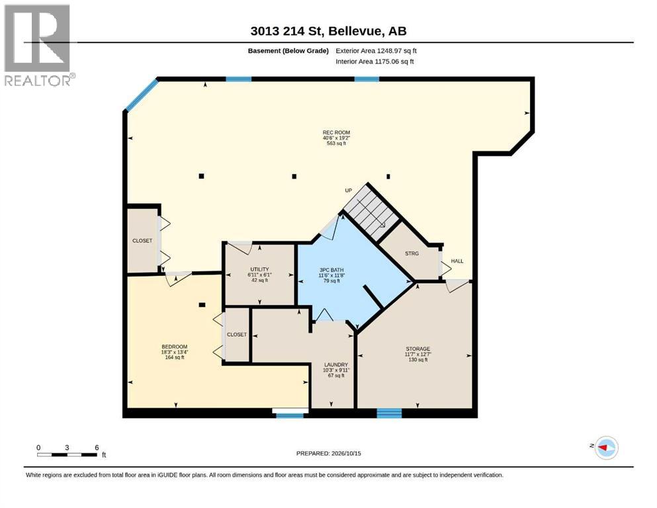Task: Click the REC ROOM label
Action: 336,133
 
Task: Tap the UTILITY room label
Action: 259,269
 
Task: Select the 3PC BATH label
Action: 331,270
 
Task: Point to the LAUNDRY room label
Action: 335,364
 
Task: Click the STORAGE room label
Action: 417,349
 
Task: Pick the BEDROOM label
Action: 174,347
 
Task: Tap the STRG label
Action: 412,253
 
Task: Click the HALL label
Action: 457,261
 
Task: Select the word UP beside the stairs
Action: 348,190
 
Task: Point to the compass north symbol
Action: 606,448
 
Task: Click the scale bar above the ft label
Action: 67,454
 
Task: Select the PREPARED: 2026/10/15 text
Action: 328,453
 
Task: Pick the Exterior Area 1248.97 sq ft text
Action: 376,51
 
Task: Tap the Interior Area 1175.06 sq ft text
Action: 374,62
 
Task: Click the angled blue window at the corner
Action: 142,95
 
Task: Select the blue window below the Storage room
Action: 389,413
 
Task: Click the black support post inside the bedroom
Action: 202,305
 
